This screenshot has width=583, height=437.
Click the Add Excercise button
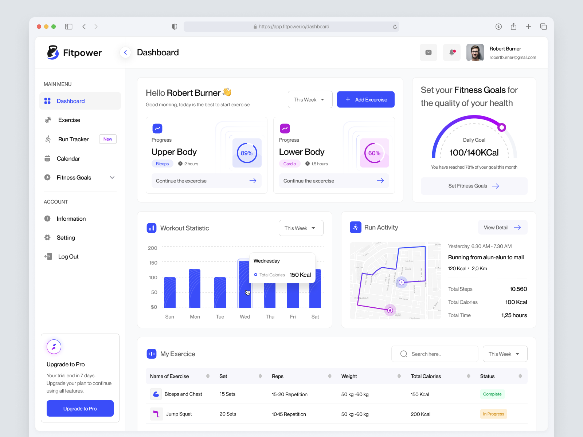[365, 99]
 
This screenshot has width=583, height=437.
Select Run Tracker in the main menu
[73, 139]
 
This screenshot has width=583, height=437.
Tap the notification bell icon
[452, 52]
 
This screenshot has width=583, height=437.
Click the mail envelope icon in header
[429, 52]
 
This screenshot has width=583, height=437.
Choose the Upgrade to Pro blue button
[80, 409]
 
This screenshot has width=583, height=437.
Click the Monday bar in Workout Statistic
[195, 288]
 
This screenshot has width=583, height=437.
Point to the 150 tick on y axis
[153, 263]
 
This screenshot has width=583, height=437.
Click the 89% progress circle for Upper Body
[247, 153]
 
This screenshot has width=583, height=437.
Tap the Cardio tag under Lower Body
[290, 164]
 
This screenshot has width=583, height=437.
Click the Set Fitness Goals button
[474, 186]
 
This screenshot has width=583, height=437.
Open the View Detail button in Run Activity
[502, 227]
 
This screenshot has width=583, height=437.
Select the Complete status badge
[492, 394]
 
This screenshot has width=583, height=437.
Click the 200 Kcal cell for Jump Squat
[420, 414]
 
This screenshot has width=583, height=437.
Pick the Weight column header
[349, 376]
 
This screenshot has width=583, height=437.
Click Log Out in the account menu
[68, 256]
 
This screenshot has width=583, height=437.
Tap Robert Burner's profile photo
[475, 52]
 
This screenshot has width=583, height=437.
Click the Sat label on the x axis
[315, 317]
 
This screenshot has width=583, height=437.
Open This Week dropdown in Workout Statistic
[301, 228]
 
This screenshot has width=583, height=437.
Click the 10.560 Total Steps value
[518, 289]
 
